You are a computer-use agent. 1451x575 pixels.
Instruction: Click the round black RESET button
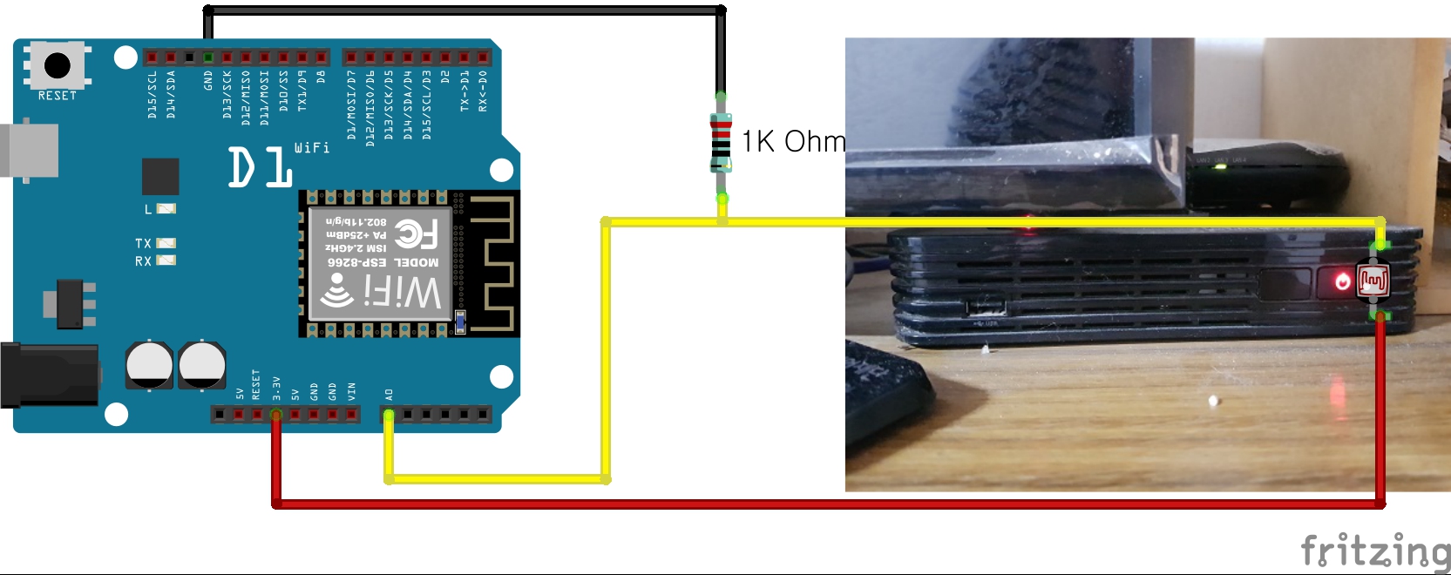[58, 64]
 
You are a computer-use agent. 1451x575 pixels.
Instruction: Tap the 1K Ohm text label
[793, 141]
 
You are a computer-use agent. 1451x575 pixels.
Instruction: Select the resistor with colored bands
[721, 143]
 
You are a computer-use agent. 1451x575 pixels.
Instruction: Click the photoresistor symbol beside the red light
[1373, 280]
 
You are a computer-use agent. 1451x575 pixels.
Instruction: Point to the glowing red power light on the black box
[1342, 281]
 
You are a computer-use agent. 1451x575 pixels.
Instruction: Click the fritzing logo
[1374, 551]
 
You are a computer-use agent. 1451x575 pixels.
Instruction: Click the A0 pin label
[389, 395]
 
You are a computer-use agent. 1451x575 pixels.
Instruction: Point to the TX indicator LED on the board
[166, 243]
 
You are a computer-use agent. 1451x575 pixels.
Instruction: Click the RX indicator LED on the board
[166, 260]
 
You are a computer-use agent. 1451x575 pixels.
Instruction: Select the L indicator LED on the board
[166, 208]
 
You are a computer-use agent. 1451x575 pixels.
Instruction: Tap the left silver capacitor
[149, 364]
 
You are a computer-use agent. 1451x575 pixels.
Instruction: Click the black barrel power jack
[48, 375]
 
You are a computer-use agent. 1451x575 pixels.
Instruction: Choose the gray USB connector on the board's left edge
[31, 151]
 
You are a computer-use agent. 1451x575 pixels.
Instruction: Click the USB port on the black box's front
[986, 308]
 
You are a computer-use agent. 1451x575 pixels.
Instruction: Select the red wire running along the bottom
[828, 504]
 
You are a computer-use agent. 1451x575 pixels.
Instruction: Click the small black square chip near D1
[160, 176]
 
